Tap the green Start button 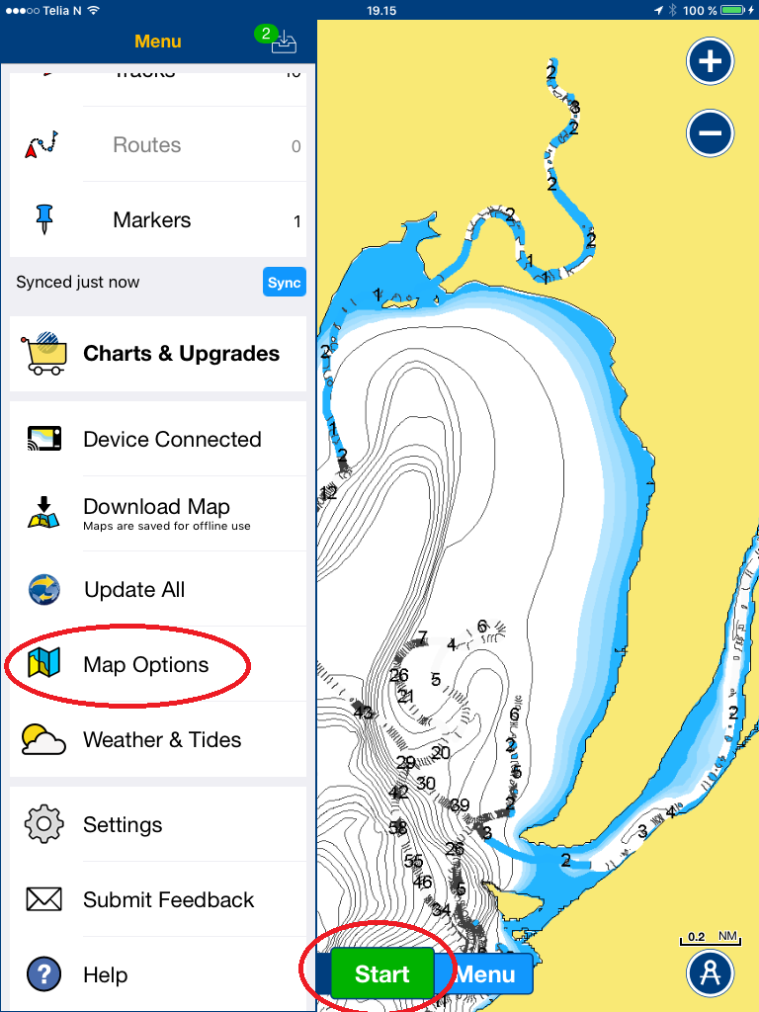381,974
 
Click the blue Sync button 284,282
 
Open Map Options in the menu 145,665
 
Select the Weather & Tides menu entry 162,740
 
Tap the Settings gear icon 43,824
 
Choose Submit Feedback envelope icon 43,899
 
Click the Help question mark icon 43,974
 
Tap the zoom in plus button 710,62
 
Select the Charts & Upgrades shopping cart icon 43,353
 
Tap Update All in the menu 134,590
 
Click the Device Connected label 172,440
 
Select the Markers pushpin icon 43,218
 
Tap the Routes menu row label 146,145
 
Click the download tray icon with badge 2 282,41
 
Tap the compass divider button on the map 710,972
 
